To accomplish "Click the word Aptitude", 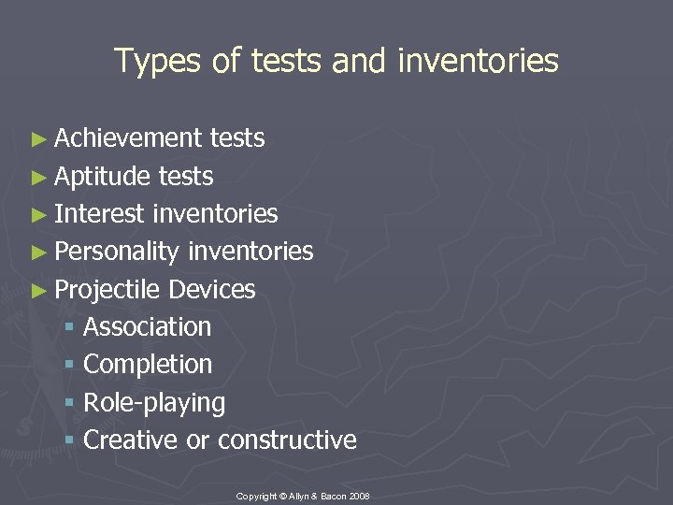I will [104, 176].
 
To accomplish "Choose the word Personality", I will [117, 252].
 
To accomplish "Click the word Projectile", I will [107, 290].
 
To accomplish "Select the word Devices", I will [212, 290].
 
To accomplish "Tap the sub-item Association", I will [147, 327].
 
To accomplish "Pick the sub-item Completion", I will [148, 365].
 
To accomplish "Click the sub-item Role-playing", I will [154, 403].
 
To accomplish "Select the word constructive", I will [287, 440].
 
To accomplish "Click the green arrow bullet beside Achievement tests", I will [37, 139].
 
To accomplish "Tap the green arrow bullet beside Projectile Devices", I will [37, 291].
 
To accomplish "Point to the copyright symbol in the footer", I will [282, 495].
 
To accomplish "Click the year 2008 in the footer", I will [361, 495].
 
